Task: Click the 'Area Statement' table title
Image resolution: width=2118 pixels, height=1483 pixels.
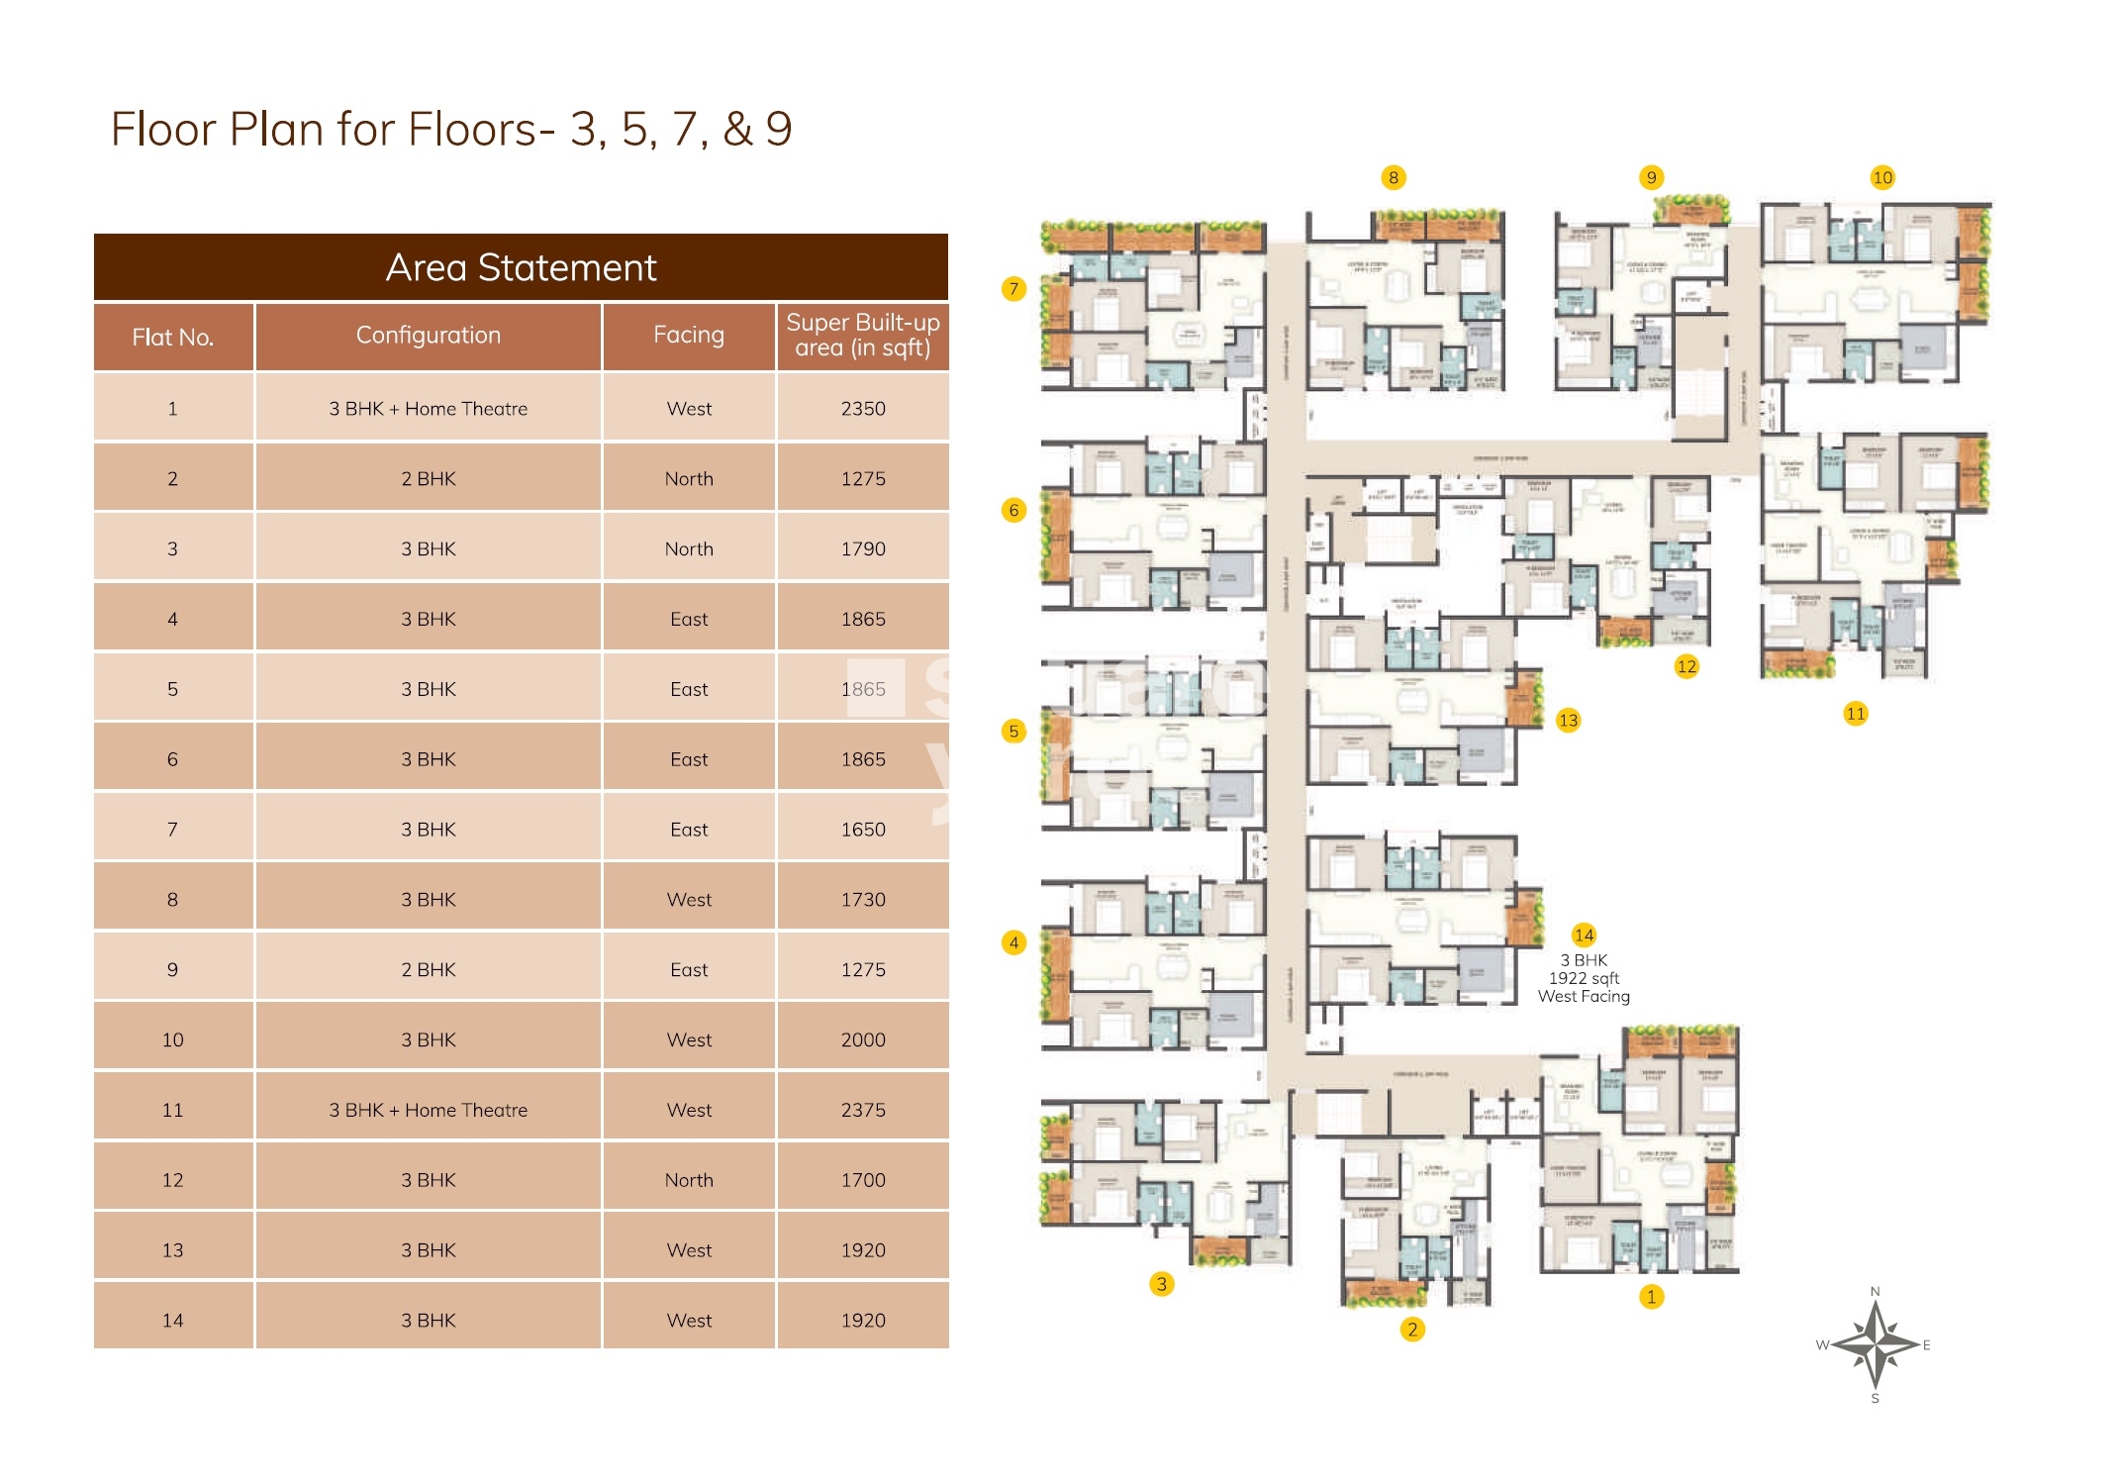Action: [x=521, y=267]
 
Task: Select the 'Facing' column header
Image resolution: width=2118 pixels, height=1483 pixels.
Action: [x=688, y=335]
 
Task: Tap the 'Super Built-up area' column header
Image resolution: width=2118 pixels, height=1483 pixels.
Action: [x=862, y=335]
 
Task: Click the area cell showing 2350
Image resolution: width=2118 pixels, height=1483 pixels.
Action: [x=862, y=408]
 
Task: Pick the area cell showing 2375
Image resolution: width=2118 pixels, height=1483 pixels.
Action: [x=862, y=1110]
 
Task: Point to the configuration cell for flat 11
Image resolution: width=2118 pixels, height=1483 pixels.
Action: [x=428, y=1110]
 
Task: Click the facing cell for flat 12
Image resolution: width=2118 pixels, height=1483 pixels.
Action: [x=688, y=1180]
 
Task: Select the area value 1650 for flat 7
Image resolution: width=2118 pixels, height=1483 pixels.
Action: [x=862, y=830]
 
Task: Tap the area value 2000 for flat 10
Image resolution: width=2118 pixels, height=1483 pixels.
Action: [x=862, y=1039]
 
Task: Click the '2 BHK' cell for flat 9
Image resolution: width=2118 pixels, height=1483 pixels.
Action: [x=428, y=969]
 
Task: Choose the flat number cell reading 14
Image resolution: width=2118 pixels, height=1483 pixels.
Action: [x=172, y=1320]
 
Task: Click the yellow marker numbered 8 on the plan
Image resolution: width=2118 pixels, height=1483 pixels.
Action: [x=1393, y=177]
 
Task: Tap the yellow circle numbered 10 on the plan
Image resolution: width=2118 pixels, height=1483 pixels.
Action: [x=1881, y=177]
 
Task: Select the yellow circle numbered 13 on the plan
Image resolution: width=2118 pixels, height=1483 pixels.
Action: [x=1568, y=720]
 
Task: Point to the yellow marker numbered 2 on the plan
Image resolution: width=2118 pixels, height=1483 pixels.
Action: [x=1412, y=1329]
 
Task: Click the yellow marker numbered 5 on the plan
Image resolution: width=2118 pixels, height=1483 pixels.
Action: [x=1013, y=731]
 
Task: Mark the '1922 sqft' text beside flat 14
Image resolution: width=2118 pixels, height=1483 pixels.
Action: [x=1584, y=978]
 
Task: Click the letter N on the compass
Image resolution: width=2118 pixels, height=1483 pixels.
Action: [x=1875, y=1292]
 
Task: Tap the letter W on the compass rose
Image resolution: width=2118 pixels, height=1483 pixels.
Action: [x=1821, y=1344]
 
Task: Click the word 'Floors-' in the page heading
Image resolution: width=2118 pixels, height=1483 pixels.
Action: [x=481, y=129]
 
